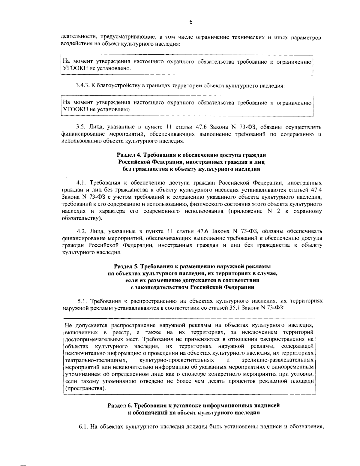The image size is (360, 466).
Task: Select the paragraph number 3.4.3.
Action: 82,86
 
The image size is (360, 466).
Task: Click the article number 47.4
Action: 316,190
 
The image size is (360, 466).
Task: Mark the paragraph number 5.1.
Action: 82,301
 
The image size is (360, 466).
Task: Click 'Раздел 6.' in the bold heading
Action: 119,406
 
